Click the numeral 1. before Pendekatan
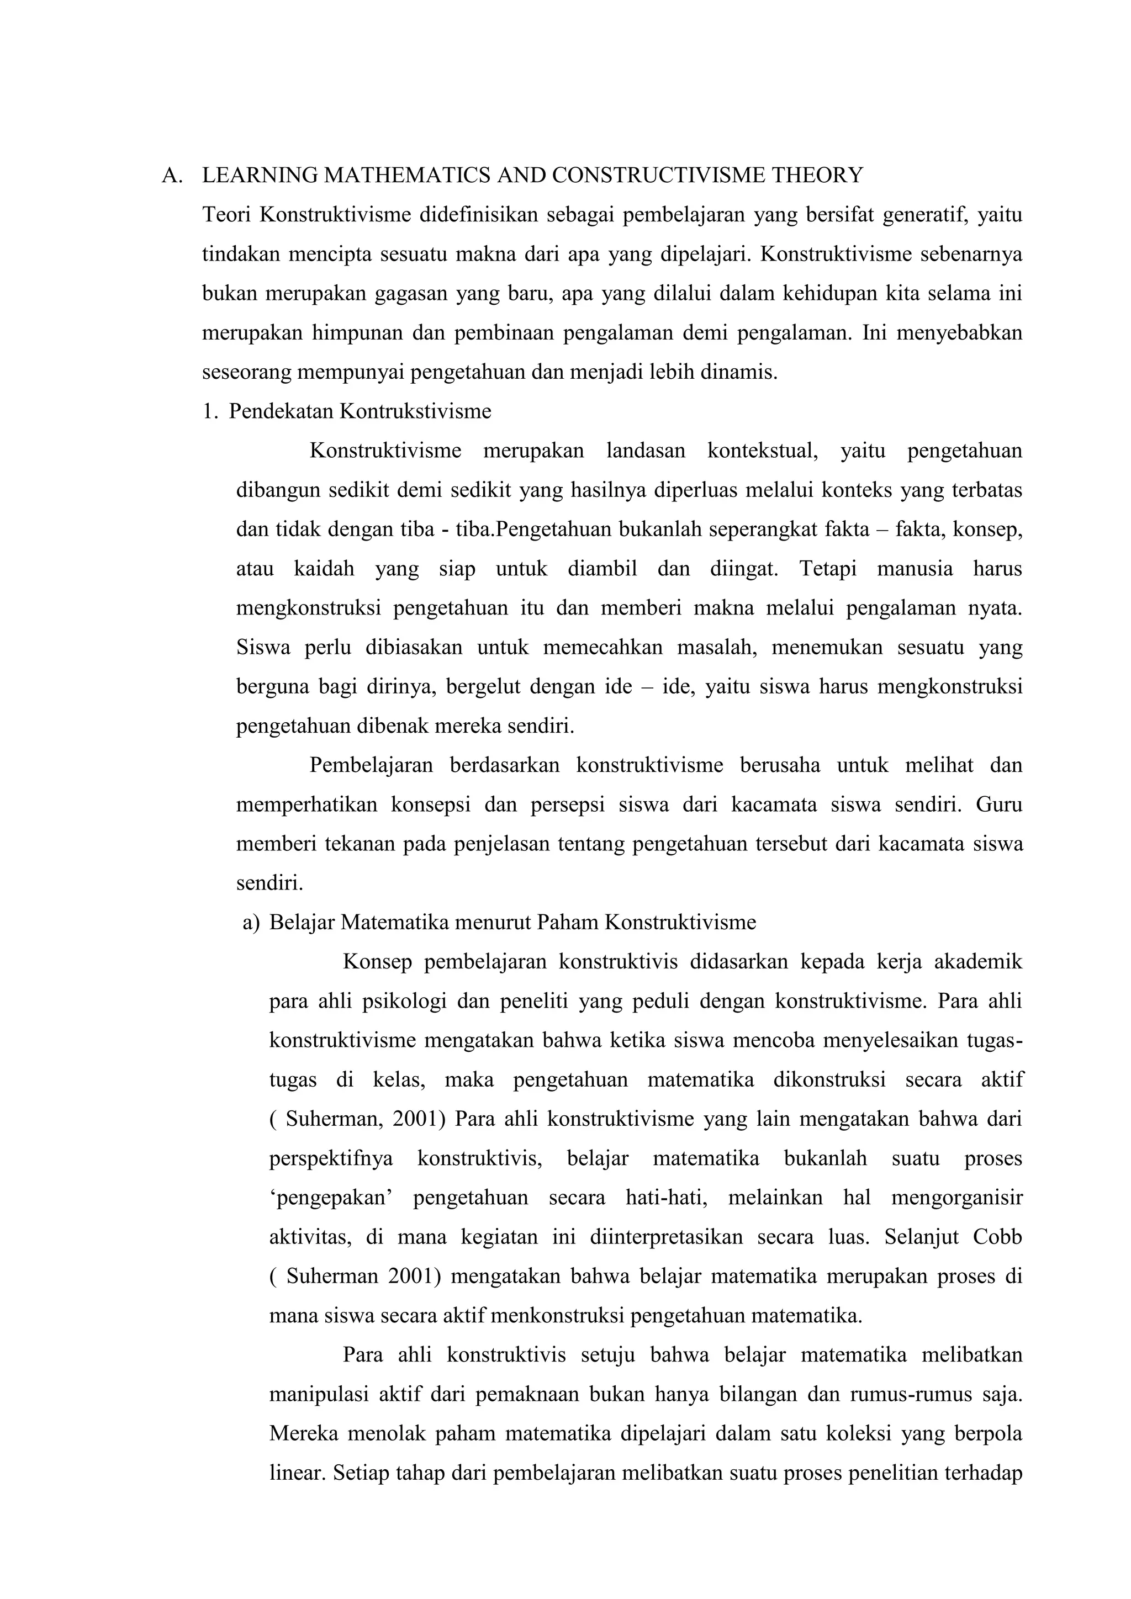(x=210, y=411)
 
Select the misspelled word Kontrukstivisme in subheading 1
(x=415, y=411)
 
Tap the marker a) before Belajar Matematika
(x=251, y=923)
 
